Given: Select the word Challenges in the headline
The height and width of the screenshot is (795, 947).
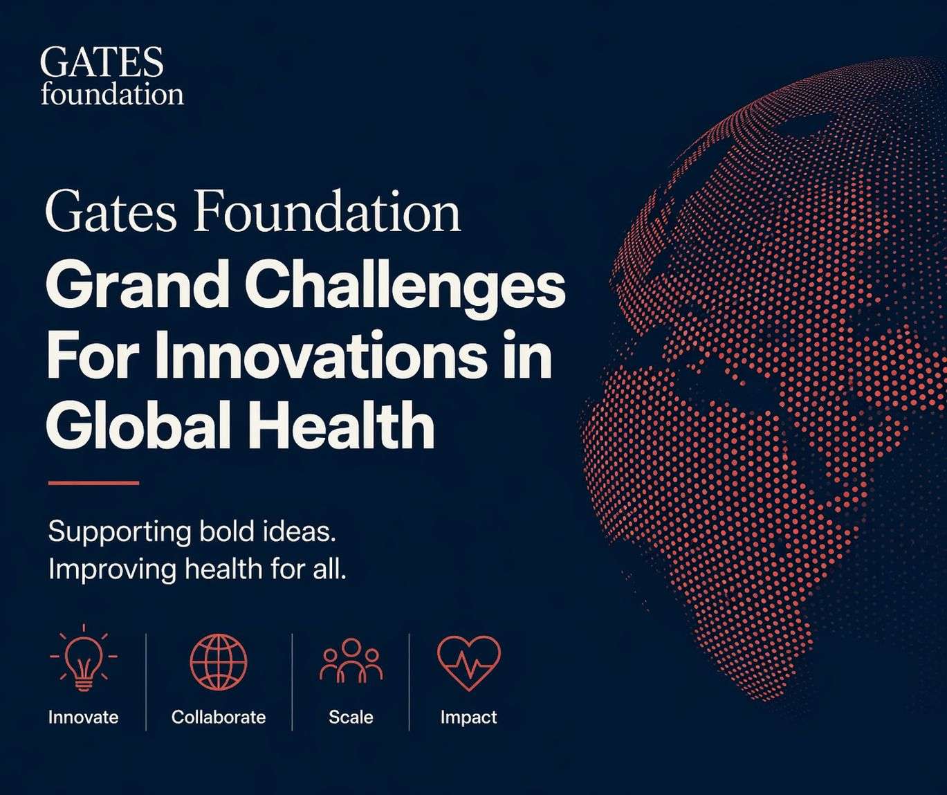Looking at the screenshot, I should click(x=405, y=286).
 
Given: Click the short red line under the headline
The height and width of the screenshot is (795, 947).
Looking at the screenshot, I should click(x=93, y=483).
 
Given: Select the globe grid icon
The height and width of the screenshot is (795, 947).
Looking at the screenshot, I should click(x=219, y=661).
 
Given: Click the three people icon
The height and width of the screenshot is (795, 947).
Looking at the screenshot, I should click(x=351, y=661).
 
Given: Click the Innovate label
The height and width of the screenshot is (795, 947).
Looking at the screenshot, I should click(x=84, y=717).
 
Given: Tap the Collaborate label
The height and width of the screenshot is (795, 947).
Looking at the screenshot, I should click(x=219, y=717).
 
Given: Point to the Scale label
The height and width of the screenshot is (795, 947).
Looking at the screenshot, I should click(x=351, y=717).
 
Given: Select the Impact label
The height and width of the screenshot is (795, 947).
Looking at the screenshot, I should click(x=468, y=717).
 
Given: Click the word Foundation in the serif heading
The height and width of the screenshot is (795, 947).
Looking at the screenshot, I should click(x=327, y=212).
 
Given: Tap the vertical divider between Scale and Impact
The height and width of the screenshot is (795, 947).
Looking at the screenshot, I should click(x=410, y=682).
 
